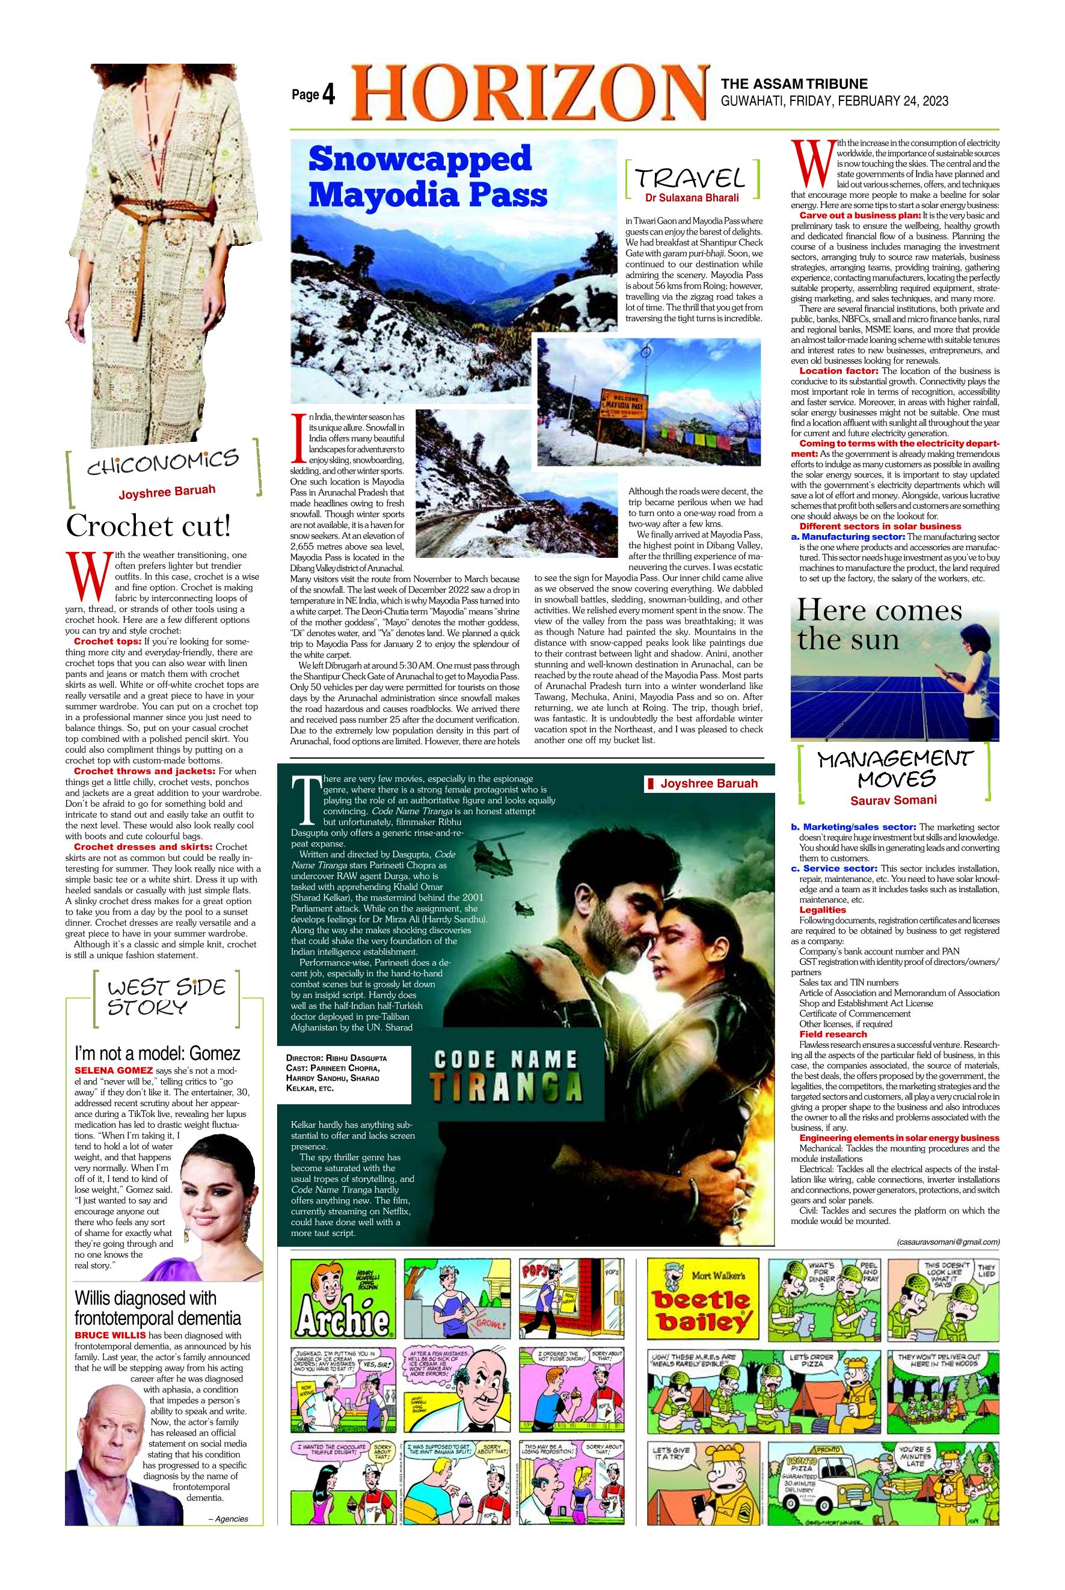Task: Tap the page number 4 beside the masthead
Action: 329,96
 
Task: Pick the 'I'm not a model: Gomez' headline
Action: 157,1054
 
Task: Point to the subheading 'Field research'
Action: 823,1034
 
